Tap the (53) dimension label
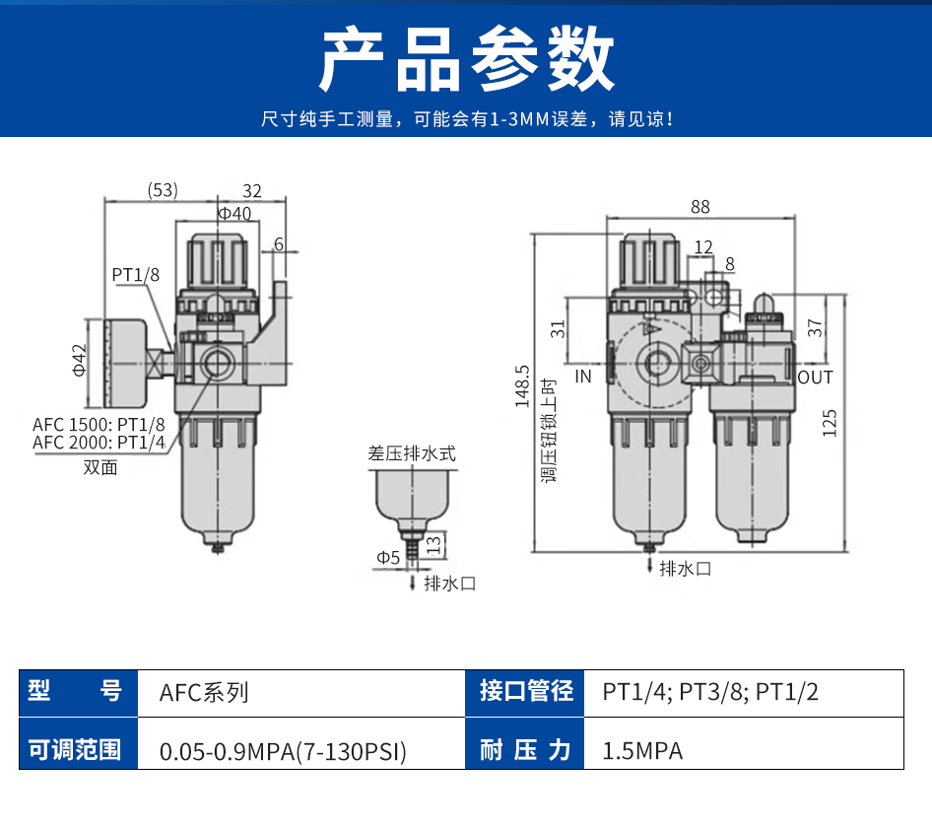[163, 190]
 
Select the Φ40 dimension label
[234, 213]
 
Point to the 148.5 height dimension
[522, 386]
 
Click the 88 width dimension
[699, 207]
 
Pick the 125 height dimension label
[830, 422]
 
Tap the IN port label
[583, 377]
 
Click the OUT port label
[815, 378]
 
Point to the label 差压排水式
[412, 454]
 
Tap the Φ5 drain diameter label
[388, 558]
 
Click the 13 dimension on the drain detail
[433, 542]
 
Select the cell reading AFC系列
[204, 692]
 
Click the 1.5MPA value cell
[642, 751]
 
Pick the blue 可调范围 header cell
[75, 751]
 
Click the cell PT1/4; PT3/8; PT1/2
[710, 692]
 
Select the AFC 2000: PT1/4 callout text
[99, 443]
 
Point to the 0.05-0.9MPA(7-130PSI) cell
[283, 751]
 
